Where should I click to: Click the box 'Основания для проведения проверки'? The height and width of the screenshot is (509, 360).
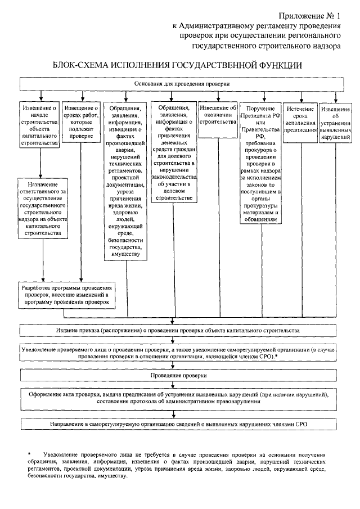click(x=182, y=83)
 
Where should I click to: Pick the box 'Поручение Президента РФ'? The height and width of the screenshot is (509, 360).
click(x=259, y=163)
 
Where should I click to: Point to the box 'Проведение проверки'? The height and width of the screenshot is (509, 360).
click(x=182, y=374)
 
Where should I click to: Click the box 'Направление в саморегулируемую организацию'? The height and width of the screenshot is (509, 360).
click(x=182, y=422)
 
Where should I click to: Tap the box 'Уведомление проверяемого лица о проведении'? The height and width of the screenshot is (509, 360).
click(x=182, y=353)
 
